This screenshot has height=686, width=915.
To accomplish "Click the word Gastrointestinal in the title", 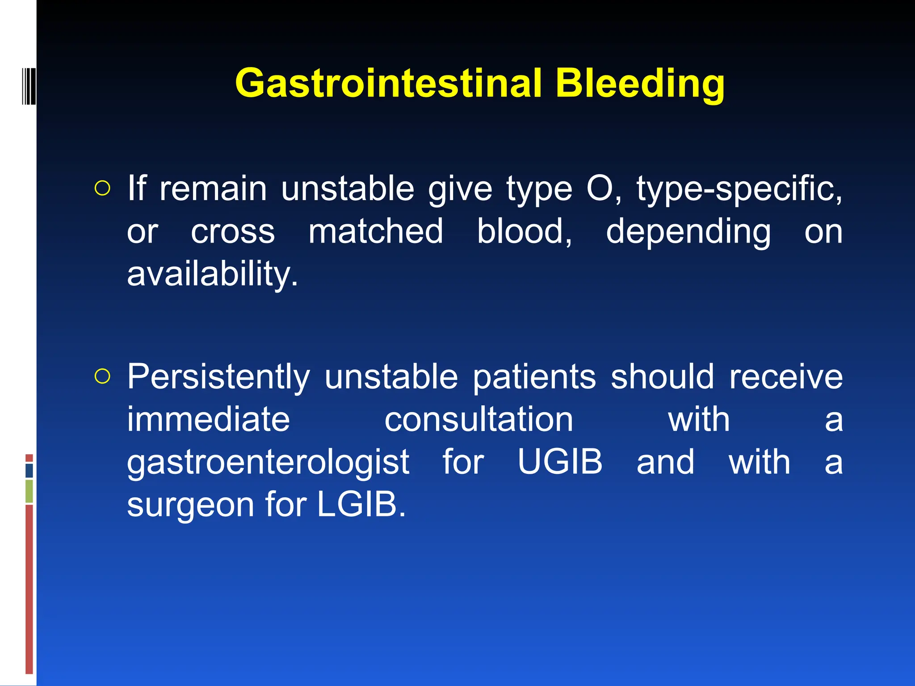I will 388,84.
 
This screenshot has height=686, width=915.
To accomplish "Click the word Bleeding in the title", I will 640,84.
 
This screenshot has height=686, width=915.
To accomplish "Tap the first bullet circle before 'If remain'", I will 102,188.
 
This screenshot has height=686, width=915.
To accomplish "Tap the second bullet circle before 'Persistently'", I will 102,376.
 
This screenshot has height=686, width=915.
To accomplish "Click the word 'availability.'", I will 212,274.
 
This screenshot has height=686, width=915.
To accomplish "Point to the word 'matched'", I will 376,231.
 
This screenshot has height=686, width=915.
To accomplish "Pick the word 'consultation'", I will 478,420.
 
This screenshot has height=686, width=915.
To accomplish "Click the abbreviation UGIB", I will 560,461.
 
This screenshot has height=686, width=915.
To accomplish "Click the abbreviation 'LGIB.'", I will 361,504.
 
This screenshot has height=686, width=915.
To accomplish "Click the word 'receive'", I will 786,376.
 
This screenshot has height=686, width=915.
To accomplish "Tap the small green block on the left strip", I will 29,491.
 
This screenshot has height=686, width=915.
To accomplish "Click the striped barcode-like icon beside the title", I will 29,85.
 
